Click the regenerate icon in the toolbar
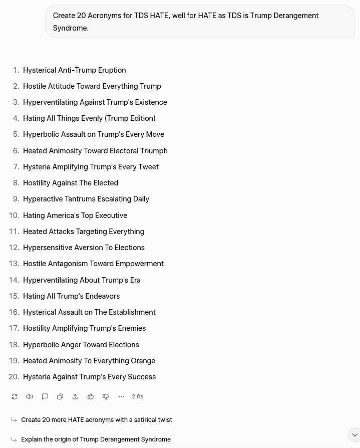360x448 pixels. click(x=15, y=396)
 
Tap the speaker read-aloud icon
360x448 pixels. click(x=30, y=396)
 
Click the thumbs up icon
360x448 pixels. click(x=91, y=396)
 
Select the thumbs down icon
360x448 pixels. click(x=106, y=396)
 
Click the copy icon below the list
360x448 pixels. click(x=60, y=396)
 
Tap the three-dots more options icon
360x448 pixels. click(x=121, y=396)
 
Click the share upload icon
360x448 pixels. click(x=75, y=396)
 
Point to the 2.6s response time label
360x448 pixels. click(x=138, y=396)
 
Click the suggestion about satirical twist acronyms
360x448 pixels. click(x=96, y=419)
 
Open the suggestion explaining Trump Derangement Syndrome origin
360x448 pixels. click(x=96, y=439)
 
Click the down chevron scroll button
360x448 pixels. click(x=354, y=434)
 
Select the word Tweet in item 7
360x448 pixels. click(x=148, y=167)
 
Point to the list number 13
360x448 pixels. click(x=14, y=264)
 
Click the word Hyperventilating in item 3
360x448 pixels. click(x=51, y=102)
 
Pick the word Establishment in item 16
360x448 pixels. click(x=132, y=312)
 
